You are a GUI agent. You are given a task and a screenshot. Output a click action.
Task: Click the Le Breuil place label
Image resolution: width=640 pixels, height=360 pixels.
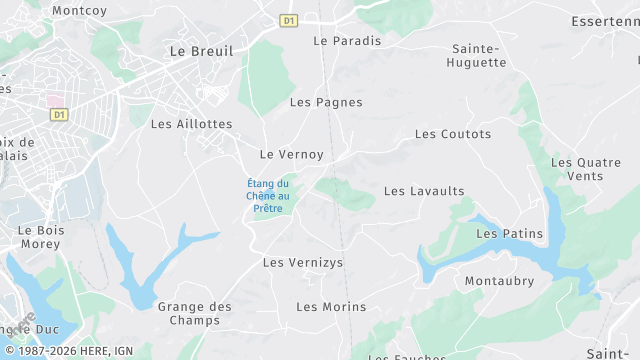pyautogui.click(x=202, y=50)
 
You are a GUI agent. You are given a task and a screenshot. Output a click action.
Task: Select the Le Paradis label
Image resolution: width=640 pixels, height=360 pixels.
pyautogui.click(x=347, y=41)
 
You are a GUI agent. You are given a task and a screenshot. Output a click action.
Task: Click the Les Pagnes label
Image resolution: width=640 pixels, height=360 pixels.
pyautogui.click(x=326, y=102)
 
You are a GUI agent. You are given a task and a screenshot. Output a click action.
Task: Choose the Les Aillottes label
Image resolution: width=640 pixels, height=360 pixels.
pyautogui.click(x=191, y=124)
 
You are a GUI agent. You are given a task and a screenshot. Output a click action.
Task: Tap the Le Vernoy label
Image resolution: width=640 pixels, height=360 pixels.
pyautogui.click(x=292, y=154)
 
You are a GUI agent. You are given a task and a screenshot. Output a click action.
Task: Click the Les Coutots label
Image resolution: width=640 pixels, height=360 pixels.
pyautogui.click(x=453, y=134)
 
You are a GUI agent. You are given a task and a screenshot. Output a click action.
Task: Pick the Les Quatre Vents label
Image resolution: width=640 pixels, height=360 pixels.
pyautogui.click(x=585, y=169)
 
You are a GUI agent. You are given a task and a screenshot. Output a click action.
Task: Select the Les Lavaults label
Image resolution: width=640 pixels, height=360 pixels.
pyautogui.click(x=424, y=191)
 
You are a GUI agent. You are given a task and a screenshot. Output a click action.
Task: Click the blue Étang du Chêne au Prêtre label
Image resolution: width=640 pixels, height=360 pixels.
pyautogui.click(x=268, y=195)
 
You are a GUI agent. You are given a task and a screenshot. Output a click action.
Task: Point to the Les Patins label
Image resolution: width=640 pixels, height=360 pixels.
pyautogui.click(x=509, y=234)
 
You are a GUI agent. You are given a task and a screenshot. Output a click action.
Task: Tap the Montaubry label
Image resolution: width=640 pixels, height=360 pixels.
pyautogui.click(x=499, y=281)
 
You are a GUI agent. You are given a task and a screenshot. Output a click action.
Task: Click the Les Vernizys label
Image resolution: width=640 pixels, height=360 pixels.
pyautogui.click(x=302, y=262)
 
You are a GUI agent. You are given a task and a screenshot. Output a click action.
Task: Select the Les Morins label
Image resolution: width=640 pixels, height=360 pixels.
pyautogui.click(x=331, y=306)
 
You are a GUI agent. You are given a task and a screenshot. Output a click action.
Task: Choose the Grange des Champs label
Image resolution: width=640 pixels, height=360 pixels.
pyautogui.click(x=195, y=313)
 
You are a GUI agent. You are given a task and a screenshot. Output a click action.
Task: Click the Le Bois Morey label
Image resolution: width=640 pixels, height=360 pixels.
pyautogui.click(x=40, y=236)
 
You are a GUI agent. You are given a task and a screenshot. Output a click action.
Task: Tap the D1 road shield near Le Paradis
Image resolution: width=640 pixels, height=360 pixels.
pyautogui.click(x=289, y=20)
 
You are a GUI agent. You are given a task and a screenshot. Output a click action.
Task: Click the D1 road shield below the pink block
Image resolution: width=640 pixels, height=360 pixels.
pyautogui.click(x=59, y=115)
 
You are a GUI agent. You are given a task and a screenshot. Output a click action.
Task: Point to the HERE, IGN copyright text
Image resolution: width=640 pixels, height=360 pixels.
pyautogui.click(x=76, y=351)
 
